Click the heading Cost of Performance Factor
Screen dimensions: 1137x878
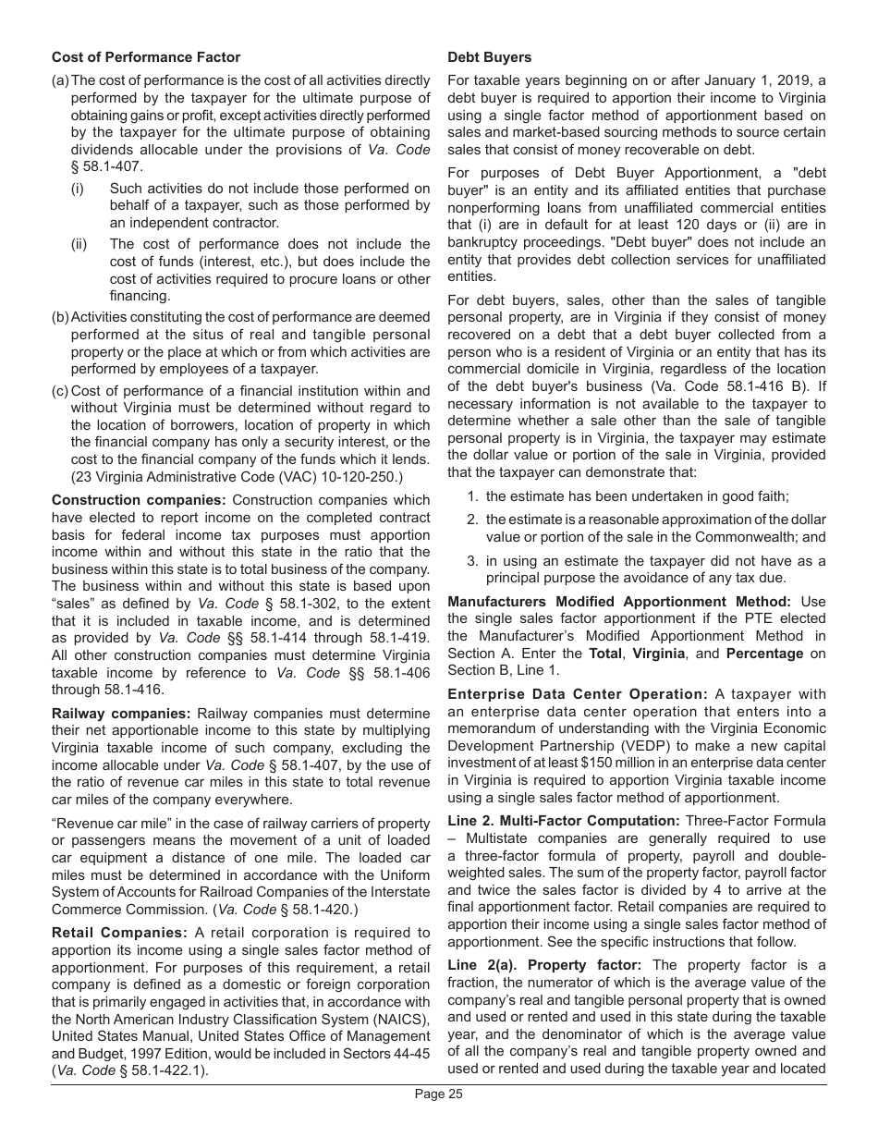tap(146, 57)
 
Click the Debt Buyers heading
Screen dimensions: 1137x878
tap(489, 57)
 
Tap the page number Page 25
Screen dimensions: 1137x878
tap(438, 1094)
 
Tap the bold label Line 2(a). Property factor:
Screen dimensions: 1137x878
tap(544, 964)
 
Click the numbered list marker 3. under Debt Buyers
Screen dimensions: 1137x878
tap(471, 561)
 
